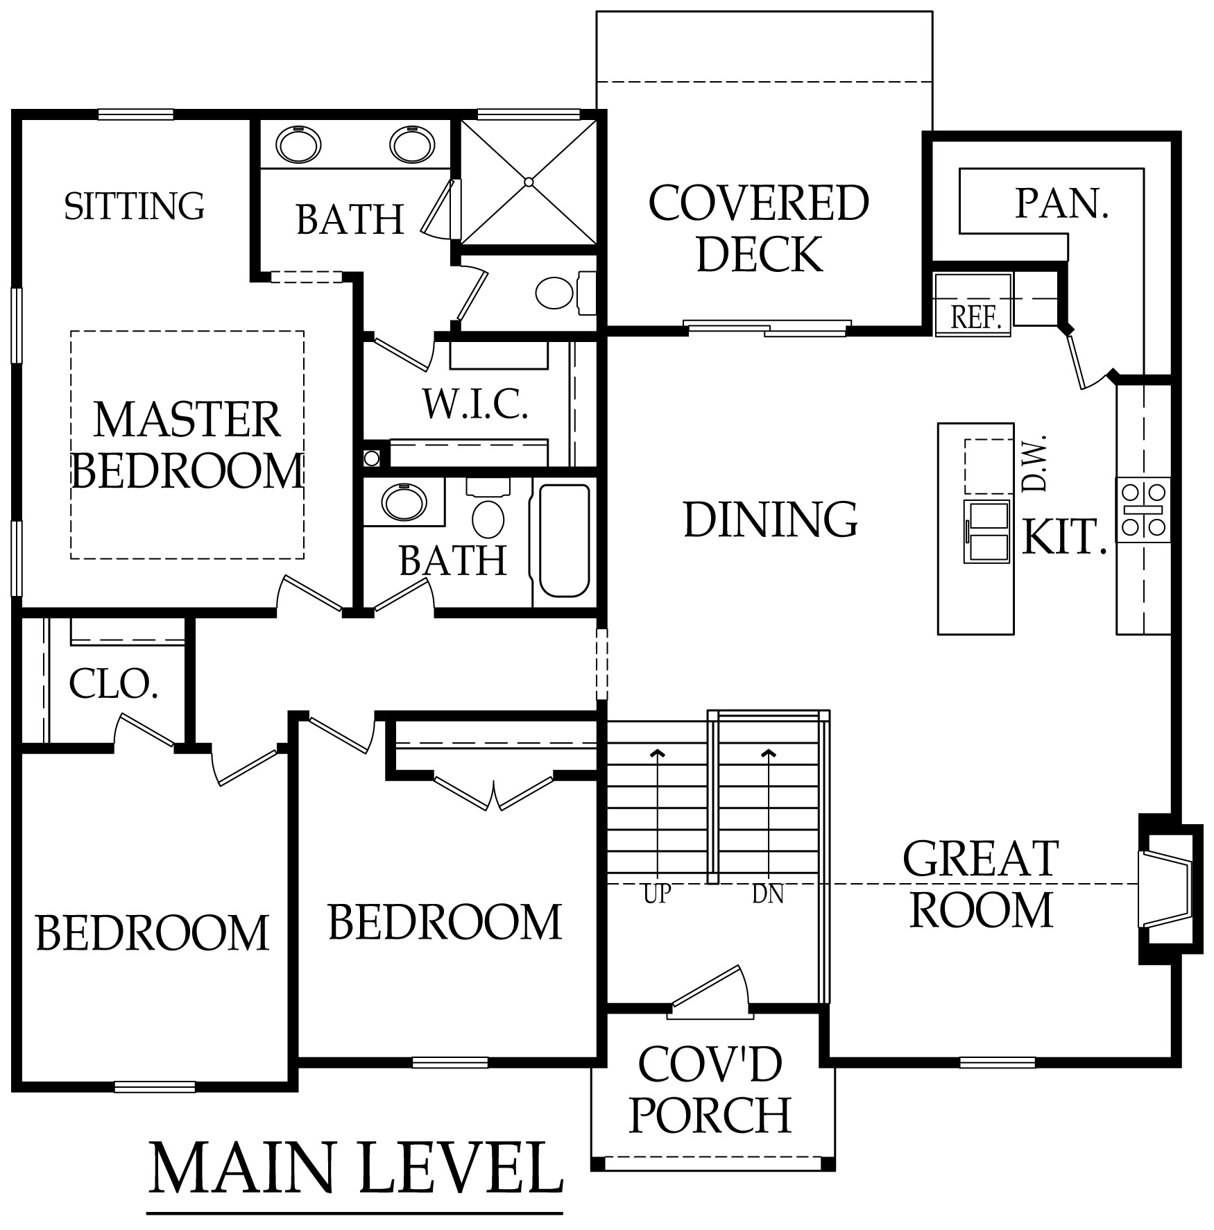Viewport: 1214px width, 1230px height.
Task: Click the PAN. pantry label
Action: [1061, 203]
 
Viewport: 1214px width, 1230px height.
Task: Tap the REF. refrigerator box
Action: [973, 305]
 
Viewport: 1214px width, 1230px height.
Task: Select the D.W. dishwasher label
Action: [1034, 463]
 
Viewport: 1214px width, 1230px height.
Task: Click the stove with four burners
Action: [1143, 510]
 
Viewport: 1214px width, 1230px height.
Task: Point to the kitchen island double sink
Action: [988, 531]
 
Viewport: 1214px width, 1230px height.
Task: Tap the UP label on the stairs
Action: [656, 894]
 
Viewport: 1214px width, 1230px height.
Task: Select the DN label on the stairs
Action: [768, 894]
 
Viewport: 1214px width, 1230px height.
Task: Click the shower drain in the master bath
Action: [529, 182]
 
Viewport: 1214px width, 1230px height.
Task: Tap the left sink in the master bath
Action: [298, 145]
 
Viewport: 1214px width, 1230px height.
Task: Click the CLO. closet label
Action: [114, 684]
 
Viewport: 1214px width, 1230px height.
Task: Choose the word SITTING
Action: [135, 206]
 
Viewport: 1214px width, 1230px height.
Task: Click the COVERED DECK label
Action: [759, 228]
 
